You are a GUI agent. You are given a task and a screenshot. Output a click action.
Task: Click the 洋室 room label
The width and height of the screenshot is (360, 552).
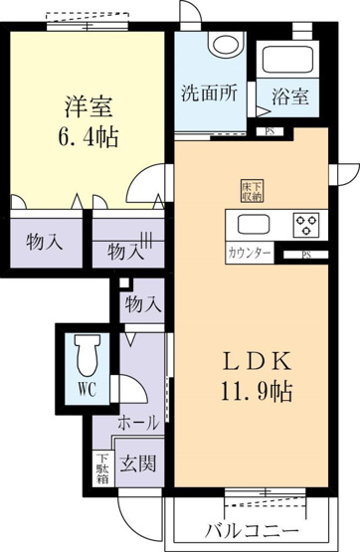[x=89, y=106]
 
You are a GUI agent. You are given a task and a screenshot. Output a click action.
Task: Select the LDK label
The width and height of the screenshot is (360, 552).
[x=258, y=361]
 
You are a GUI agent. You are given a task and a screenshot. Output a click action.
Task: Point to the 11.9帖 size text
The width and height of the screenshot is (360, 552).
[x=257, y=392]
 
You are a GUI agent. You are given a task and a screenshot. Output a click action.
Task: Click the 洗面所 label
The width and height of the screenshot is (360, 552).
[x=210, y=92]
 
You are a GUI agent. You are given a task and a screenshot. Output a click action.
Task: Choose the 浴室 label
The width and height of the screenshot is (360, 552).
[x=290, y=95]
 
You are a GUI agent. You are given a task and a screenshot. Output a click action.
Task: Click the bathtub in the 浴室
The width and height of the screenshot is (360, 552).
[x=287, y=60]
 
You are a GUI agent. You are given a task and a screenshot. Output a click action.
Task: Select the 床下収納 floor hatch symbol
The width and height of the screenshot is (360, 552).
[x=252, y=191]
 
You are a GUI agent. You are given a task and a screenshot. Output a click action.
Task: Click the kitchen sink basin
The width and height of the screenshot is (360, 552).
[x=254, y=224]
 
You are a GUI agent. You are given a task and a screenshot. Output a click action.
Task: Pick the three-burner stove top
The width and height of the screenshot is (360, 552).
[x=306, y=225]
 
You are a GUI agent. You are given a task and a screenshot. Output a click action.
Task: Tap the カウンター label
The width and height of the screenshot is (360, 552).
[x=250, y=253]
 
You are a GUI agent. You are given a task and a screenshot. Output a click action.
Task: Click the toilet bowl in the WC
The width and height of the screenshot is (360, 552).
[x=88, y=354]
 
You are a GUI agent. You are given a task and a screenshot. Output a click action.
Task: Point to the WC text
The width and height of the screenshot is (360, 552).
[x=87, y=389]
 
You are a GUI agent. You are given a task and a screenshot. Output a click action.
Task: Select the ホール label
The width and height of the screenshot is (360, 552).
[x=138, y=423]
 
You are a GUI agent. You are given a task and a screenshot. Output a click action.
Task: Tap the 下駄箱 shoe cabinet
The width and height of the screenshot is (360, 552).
[x=103, y=468]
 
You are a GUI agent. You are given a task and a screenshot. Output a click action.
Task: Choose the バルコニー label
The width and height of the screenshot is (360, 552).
[x=253, y=530]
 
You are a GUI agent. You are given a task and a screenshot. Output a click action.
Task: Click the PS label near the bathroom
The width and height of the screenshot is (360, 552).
[x=270, y=131]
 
